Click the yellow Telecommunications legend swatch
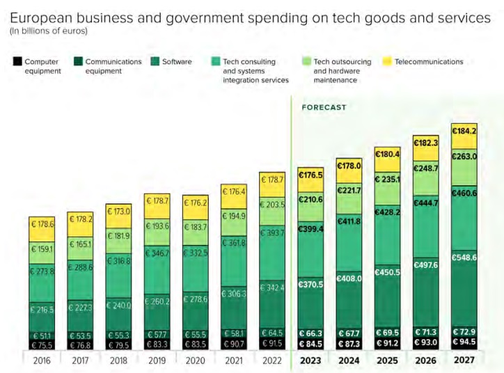point(385,62)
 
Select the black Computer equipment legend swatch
point(17,62)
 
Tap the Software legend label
point(177,62)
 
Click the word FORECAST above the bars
point(324,108)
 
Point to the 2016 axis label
point(42,360)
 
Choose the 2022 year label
point(272,360)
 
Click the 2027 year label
point(464,360)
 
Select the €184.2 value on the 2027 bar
point(464,130)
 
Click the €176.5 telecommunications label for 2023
point(310,175)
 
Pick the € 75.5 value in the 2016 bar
point(42,344)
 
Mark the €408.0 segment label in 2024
point(349,278)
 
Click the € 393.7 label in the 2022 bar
point(272,232)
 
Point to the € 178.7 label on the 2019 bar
point(157,200)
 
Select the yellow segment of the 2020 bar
point(196,203)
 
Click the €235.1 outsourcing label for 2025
point(388,179)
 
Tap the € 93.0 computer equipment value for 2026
point(426,342)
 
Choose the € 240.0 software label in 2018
point(119,305)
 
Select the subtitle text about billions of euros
point(49,31)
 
